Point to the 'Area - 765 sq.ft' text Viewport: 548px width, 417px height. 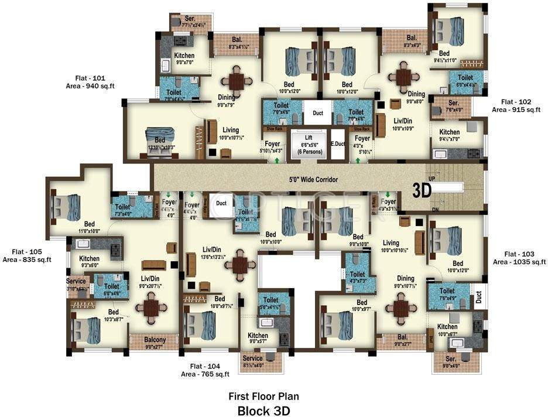click(x=205, y=374)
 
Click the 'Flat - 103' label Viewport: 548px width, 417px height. click(x=519, y=254)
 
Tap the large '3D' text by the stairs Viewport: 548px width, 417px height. click(x=422, y=190)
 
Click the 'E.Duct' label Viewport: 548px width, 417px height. click(x=338, y=143)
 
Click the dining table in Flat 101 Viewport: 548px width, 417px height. click(x=237, y=81)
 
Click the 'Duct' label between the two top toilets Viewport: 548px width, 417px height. click(x=318, y=113)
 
